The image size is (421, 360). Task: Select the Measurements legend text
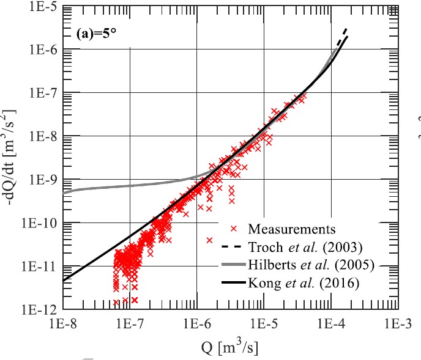coord(292,230)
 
